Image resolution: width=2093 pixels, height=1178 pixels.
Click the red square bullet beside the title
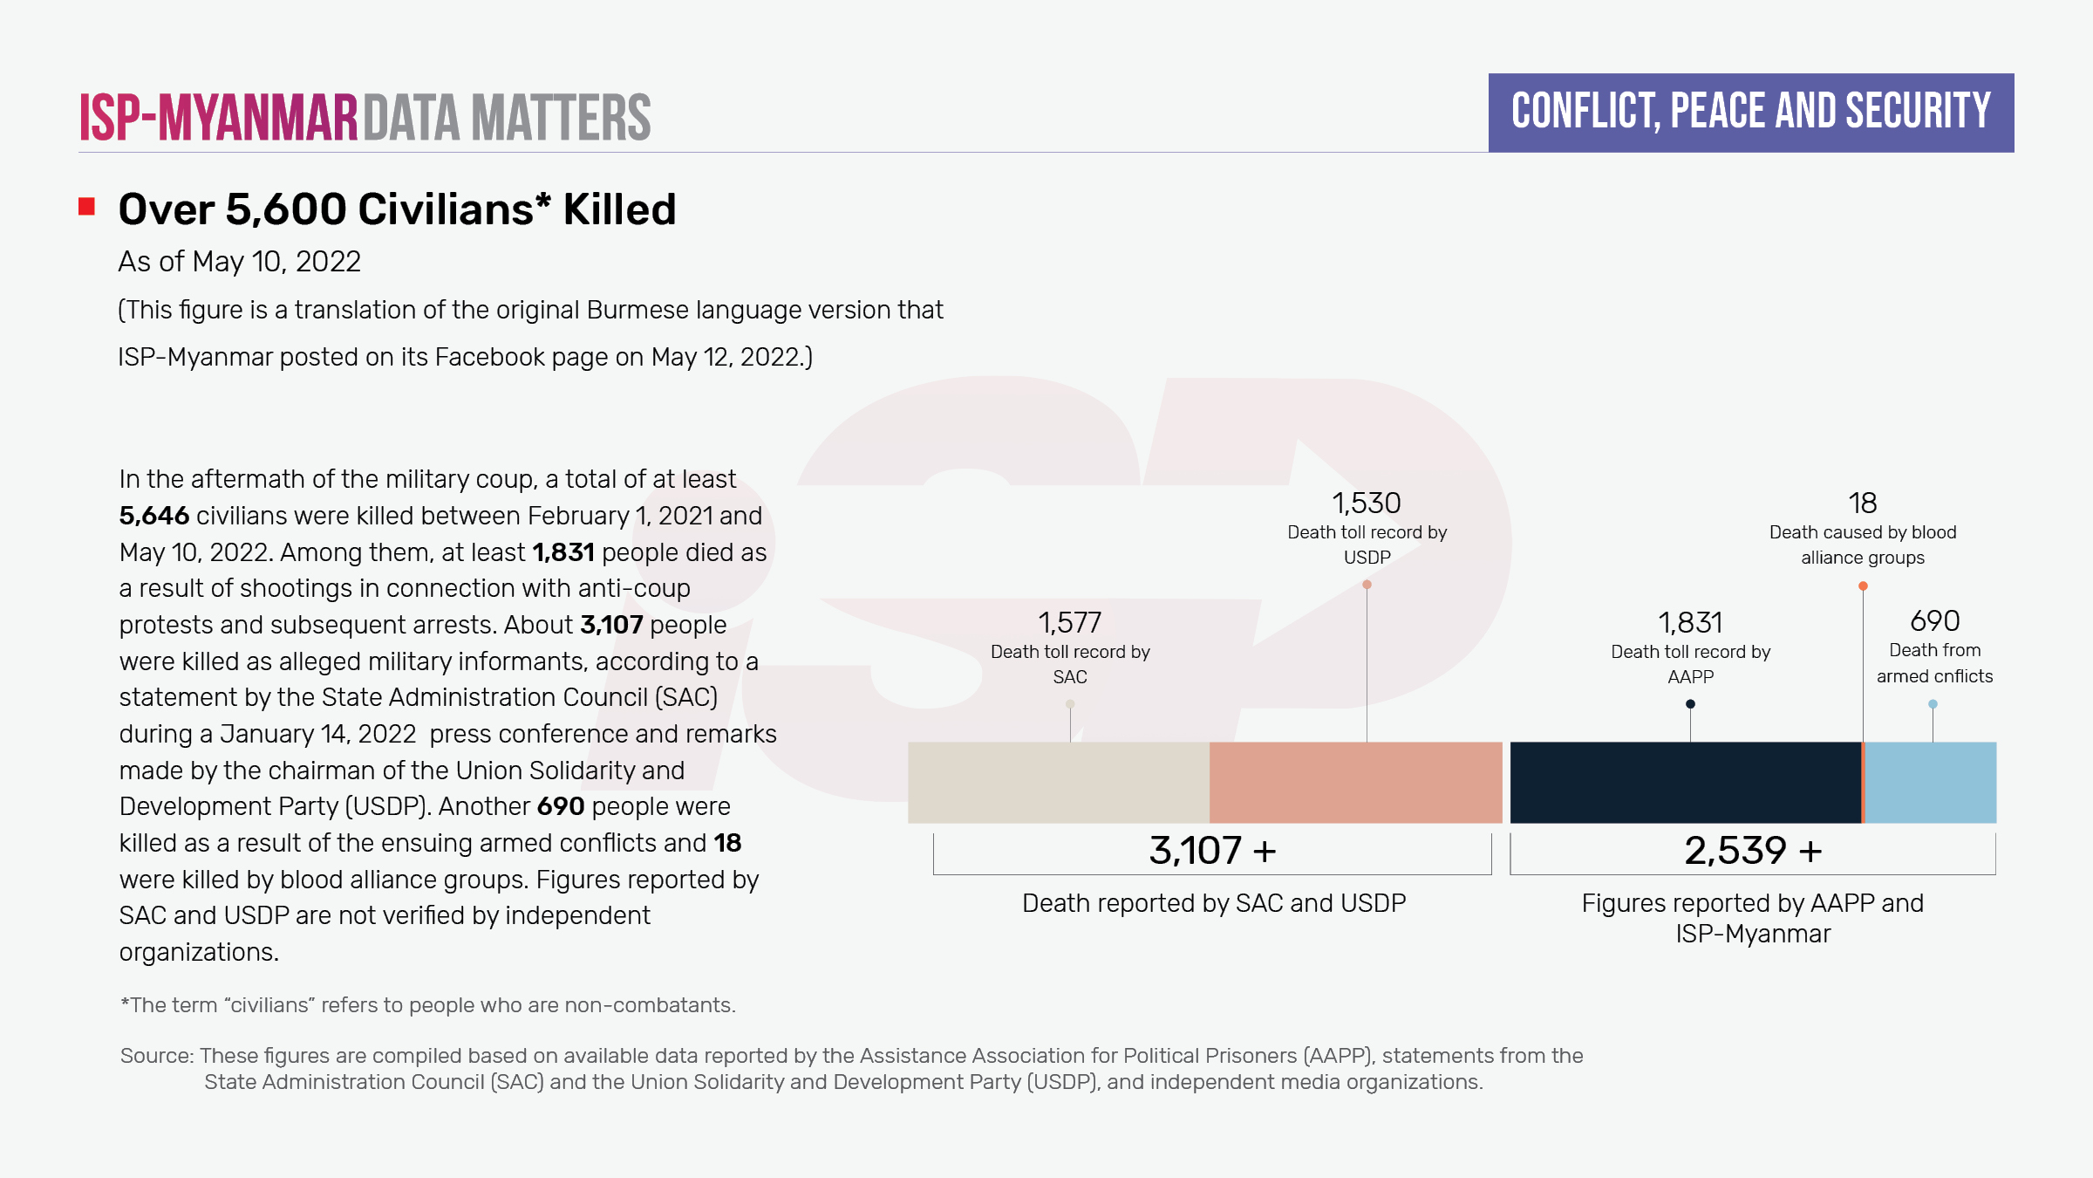pyautogui.click(x=86, y=207)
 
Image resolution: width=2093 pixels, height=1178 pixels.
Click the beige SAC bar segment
pyautogui.click(x=1058, y=782)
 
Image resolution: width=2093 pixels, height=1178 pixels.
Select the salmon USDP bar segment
pyautogui.click(x=1355, y=782)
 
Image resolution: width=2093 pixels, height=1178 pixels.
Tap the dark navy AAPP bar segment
pyautogui.click(x=1685, y=782)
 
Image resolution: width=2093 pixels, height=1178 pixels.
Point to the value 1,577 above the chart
pyautogui.click(x=1069, y=623)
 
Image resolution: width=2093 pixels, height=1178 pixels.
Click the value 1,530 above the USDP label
pyautogui.click(x=1366, y=503)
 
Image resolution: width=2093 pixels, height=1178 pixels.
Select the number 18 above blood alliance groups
pyautogui.click(x=1862, y=503)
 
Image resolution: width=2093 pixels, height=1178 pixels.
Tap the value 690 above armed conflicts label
pyautogui.click(x=1934, y=621)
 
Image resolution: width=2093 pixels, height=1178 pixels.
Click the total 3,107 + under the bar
pyautogui.click(x=1212, y=851)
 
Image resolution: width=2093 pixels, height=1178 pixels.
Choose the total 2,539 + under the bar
pyautogui.click(x=1753, y=851)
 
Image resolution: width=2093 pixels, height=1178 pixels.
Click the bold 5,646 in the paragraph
pyautogui.click(x=154, y=516)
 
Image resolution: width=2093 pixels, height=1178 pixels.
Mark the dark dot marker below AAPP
pyautogui.click(x=1690, y=704)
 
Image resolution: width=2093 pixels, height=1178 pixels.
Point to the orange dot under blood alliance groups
pyautogui.click(x=1863, y=586)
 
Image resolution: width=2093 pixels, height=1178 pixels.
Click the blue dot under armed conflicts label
pyautogui.click(x=1933, y=704)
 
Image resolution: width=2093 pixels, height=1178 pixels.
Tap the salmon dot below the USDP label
pyautogui.click(x=1367, y=585)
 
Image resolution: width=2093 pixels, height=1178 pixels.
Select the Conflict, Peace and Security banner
pyautogui.click(x=1750, y=113)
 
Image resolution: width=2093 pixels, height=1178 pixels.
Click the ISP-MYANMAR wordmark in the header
pyautogui.click(x=219, y=118)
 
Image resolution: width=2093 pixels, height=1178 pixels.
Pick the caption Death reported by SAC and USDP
pyautogui.click(x=1213, y=903)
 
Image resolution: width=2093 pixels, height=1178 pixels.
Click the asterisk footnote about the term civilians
pyautogui.click(x=427, y=1005)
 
